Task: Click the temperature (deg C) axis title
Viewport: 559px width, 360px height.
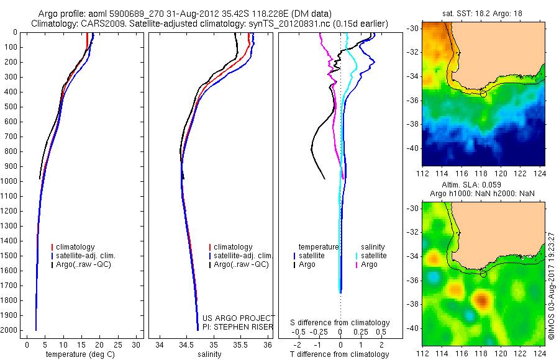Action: [x=76, y=354]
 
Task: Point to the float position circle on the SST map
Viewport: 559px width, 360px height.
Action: [x=483, y=94]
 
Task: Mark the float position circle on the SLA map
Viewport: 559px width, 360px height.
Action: [x=483, y=274]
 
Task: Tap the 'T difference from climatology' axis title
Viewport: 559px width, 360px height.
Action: [x=340, y=354]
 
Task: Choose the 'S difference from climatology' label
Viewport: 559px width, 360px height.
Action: [x=340, y=323]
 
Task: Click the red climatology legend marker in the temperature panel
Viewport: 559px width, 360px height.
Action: [x=52, y=247]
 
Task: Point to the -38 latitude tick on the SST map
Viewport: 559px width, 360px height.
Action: [x=412, y=124]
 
